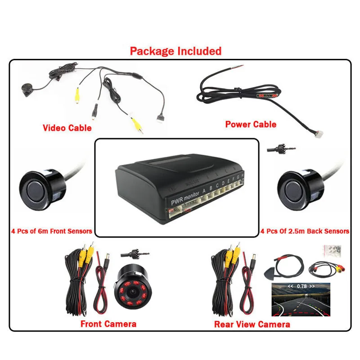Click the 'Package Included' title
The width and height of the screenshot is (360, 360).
[x=175, y=51]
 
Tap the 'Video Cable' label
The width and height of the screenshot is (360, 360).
[x=67, y=128]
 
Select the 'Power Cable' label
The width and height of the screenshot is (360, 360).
[x=251, y=124]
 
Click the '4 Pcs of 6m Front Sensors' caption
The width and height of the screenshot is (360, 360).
[x=51, y=231]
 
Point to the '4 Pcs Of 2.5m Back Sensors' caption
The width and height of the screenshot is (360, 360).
[x=305, y=231]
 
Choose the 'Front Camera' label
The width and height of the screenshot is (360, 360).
[x=108, y=324]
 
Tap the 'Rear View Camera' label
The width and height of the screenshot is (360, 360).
[x=252, y=324]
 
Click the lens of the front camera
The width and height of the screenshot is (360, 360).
[x=134, y=292]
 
